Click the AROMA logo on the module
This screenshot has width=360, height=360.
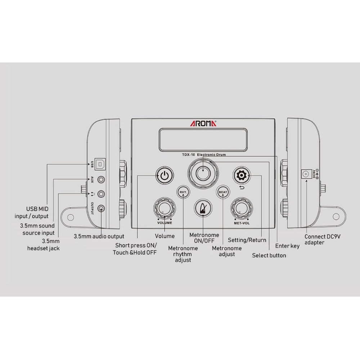point(203,123)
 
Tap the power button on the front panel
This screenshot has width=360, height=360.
point(165,176)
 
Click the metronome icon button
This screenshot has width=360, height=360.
point(203,208)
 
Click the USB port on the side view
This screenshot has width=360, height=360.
point(100,165)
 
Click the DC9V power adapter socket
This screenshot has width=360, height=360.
point(307,174)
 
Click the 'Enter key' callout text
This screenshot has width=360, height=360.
point(287,246)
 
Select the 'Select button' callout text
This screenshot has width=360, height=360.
point(269,255)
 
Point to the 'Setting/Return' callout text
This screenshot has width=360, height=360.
point(247,240)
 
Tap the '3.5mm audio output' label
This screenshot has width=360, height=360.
point(99,237)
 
